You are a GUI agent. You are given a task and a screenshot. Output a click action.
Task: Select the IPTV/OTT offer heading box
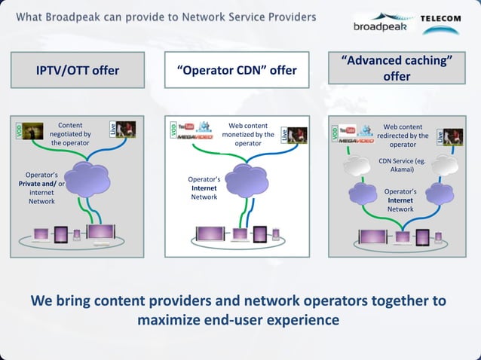coord(78,71)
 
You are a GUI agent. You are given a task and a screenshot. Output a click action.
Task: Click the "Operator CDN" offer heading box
coord(237,71)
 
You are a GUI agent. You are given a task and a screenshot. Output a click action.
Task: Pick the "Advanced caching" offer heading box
coord(396,68)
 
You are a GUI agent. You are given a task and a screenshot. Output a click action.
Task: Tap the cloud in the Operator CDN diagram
coord(247,179)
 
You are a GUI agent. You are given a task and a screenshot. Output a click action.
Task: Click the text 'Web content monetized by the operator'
coord(248,133)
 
